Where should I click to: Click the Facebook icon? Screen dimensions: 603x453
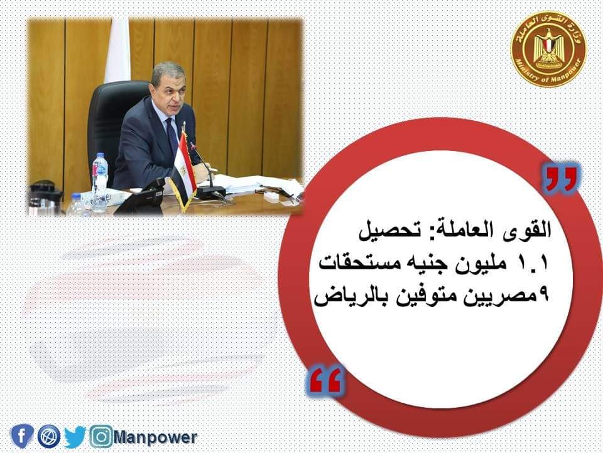pyautogui.click(x=23, y=436)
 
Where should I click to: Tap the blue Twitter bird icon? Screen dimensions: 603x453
pyautogui.click(x=75, y=437)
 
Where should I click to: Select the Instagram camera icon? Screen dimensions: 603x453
pyautogui.click(x=101, y=437)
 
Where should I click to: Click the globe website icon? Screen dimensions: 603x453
pyautogui.click(x=49, y=436)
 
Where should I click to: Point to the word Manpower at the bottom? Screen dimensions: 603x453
pyautogui.click(x=155, y=438)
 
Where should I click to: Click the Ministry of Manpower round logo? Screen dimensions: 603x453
pyautogui.click(x=548, y=48)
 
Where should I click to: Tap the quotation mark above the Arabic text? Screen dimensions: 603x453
pyautogui.click(x=561, y=179)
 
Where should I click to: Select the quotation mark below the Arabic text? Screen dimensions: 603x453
pyautogui.click(x=325, y=380)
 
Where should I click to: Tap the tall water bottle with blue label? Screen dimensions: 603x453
pyautogui.click(x=100, y=182)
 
